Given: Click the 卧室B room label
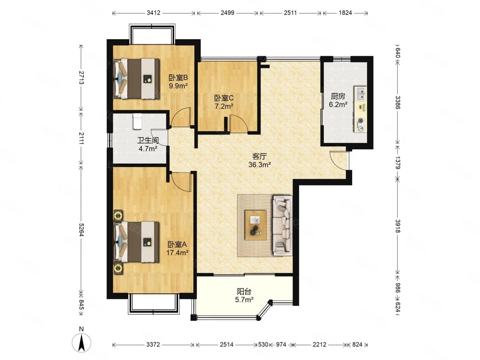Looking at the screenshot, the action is [x=178, y=78].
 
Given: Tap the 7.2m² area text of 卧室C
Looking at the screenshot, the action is [x=224, y=106].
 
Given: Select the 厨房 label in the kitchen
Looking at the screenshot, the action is [x=338, y=96].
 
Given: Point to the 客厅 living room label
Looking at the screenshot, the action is [x=260, y=156].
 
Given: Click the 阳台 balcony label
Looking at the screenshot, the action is [x=244, y=291].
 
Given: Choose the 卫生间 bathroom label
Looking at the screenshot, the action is [x=148, y=140].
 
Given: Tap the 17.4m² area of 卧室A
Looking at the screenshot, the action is [x=177, y=253].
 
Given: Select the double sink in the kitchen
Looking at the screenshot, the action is [x=360, y=94].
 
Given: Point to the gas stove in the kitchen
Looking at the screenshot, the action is [x=360, y=124].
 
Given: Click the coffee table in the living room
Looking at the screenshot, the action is [x=256, y=225].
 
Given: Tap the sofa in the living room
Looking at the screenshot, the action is [x=283, y=225].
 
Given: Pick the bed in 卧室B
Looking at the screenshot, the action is [x=136, y=78].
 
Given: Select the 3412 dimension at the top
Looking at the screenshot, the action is [x=153, y=13].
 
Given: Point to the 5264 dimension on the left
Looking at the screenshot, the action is [x=81, y=229].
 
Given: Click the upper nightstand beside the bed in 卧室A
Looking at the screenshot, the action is [x=118, y=216].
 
